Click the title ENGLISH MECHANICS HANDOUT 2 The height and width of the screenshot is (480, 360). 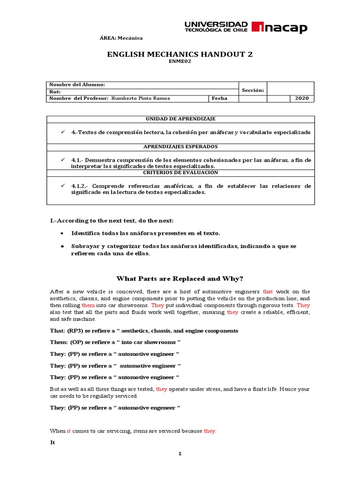click(180, 54)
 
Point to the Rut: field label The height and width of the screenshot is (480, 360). click(55, 91)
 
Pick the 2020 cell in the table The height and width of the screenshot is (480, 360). click(302, 98)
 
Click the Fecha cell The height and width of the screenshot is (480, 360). click(219, 98)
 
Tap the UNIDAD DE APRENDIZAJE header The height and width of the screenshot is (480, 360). click(180, 119)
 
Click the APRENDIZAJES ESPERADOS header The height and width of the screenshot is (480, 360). click(180, 147)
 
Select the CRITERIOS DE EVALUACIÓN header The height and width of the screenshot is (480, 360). click(180, 172)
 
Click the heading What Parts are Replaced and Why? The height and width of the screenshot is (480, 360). click(180, 278)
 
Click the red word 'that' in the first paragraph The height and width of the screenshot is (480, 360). click(268, 292)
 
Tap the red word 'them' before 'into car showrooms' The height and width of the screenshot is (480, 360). click(89, 305)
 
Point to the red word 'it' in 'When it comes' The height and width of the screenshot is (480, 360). click(68, 431)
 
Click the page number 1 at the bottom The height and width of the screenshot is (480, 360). click(180, 454)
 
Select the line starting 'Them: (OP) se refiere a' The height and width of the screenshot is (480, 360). click(115, 342)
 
